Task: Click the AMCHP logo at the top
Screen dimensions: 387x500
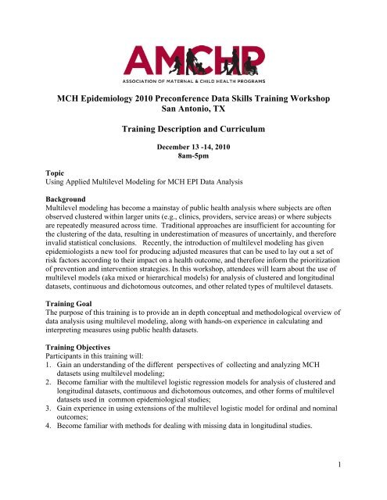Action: tap(193, 55)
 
